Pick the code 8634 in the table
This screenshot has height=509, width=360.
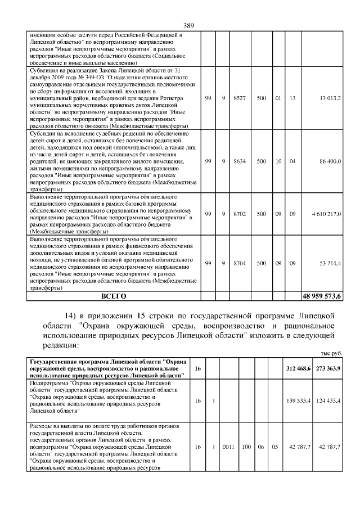pos(239,161)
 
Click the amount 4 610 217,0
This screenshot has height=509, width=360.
pos(323,214)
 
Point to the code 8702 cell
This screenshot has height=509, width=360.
pos(239,214)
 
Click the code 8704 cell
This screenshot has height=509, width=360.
pos(239,263)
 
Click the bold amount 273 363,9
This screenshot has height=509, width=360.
pos(328,368)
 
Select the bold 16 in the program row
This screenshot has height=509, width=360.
pos(197,368)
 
